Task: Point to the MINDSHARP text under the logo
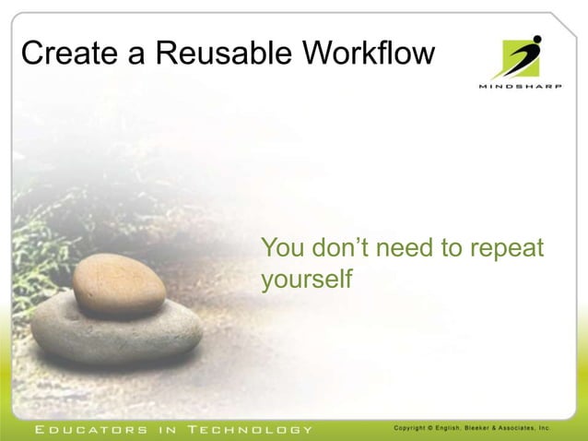tap(520, 87)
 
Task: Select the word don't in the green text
tap(342, 248)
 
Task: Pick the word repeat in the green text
tap(508, 249)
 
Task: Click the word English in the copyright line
tap(459, 428)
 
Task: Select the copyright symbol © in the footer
tap(440, 428)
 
